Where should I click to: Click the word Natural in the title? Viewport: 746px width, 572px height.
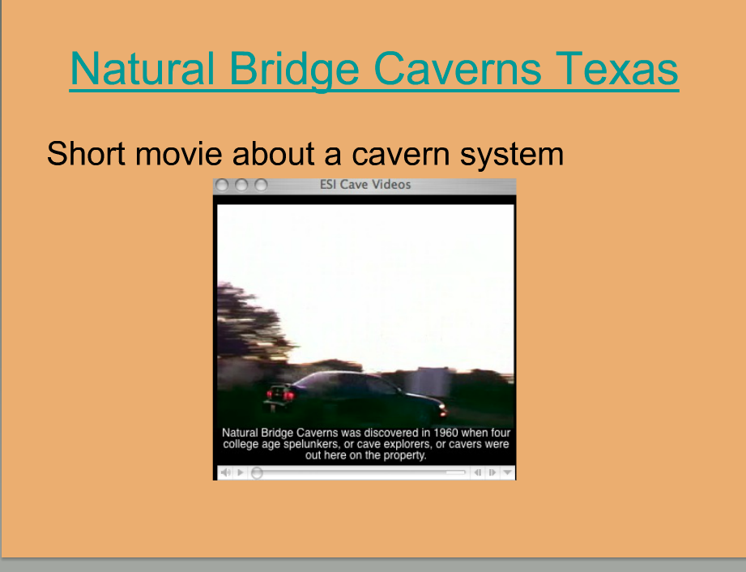(142, 69)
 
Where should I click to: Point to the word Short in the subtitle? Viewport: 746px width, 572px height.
(86, 154)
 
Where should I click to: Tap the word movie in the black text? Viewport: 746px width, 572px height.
(179, 154)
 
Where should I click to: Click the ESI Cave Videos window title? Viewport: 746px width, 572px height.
(365, 185)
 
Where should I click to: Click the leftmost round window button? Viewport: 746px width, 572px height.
(222, 185)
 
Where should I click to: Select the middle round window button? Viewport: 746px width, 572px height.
(241, 185)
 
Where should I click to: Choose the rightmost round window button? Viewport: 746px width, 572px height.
(261, 185)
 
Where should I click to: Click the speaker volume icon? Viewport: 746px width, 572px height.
(225, 472)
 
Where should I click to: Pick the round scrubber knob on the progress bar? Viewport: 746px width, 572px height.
(257, 472)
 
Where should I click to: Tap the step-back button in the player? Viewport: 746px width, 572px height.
(478, 472)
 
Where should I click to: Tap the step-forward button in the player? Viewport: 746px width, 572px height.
(492, 472)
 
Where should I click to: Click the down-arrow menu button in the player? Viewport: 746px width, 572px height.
(508, 472)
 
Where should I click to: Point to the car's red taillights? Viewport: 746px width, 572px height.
(281, 394)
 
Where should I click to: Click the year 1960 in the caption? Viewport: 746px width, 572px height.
(445, 433)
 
